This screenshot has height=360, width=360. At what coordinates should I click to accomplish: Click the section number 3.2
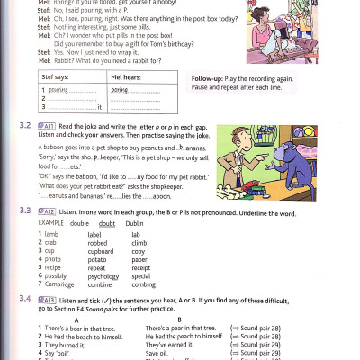24,127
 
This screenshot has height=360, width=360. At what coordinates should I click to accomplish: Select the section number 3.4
24,298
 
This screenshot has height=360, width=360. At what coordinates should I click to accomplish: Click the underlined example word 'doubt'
106,222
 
